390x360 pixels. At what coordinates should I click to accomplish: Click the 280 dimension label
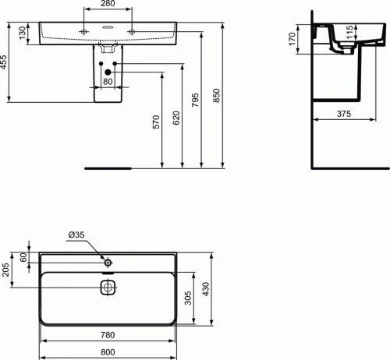[108, 3]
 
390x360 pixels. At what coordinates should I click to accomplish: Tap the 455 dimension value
[3, 62]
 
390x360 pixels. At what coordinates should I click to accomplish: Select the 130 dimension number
[23, 33]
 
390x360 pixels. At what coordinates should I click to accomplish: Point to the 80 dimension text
[108, 82]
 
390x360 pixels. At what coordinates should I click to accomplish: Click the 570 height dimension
[156, 122]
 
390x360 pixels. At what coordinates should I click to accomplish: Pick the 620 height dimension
[176, 118]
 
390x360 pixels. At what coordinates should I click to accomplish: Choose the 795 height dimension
[195, 100]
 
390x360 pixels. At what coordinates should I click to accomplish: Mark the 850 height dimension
[216, 95]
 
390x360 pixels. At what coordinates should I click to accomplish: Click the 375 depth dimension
[344, 114]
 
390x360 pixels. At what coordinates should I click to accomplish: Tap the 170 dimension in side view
[292, 39]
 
